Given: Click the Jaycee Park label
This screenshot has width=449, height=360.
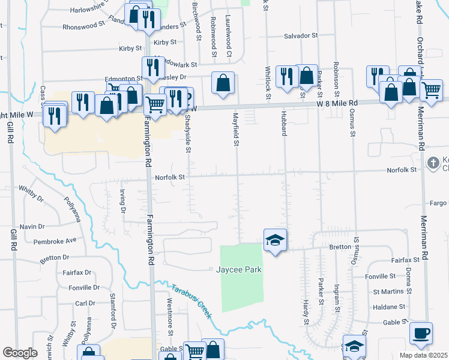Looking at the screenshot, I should [239, 270].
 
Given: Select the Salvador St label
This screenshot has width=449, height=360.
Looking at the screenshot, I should [301, 36].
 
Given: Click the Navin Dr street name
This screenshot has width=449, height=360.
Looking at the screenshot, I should [32, 226].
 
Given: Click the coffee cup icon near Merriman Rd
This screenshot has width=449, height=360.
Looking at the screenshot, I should [420, 333].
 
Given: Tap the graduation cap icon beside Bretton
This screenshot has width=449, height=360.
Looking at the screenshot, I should [275, 240].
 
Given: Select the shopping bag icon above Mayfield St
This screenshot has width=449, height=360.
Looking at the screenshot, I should [223, 83].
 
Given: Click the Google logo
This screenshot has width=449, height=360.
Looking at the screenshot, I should [20, 353].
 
